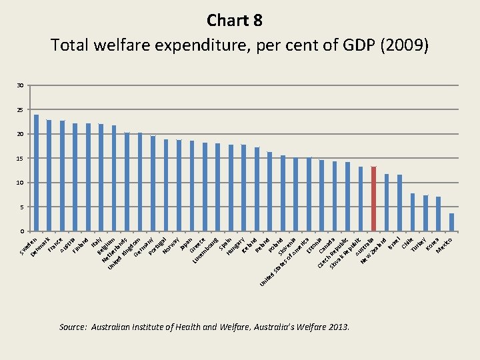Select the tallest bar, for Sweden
click(36, 173)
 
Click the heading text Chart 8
click(235, 21)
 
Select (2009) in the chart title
click(406, 45)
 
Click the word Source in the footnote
click(73, 327)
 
